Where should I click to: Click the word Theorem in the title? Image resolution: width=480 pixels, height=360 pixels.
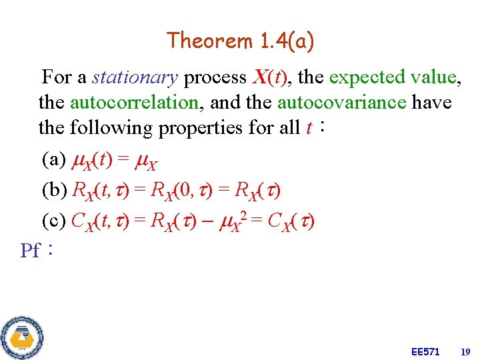click(x=209, y=41)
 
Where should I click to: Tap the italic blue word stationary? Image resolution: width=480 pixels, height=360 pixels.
click(x=135, y=78)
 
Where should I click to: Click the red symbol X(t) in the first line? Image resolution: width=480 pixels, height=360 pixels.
click(x=271, y=78)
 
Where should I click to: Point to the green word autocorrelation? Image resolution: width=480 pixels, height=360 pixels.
click(x=134, y=103)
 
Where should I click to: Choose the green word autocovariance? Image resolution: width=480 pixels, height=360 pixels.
click(x=341, y=103)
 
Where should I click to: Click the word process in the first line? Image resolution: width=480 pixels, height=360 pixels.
click(x=215, y=78)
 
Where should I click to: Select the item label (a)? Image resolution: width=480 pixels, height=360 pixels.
click(x=53, y=160)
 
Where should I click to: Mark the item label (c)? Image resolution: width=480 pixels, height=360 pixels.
click(x=53, y=221)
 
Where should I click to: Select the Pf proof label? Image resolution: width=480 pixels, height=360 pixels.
click(x=31, y=251)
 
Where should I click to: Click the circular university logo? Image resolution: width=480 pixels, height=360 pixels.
click(x=22, y=337)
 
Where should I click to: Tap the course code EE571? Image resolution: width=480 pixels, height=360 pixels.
click(x=425, y=351)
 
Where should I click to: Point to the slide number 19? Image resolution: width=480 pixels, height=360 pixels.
click(x=465, y=351)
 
